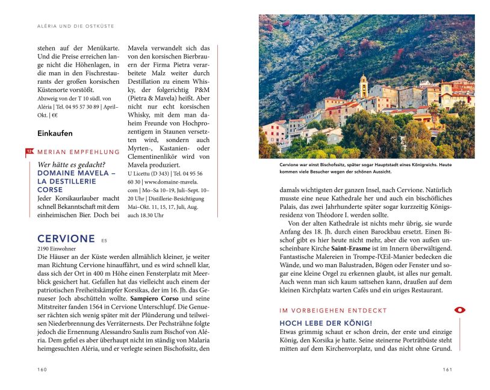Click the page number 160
click(42, 369)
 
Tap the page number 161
click(447, 369)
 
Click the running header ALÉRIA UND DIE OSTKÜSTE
click(76, 26)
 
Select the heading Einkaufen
click(55, 133)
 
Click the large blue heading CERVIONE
click(66, 238)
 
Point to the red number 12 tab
click(29, 151)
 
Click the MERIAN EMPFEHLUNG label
click(78, 152)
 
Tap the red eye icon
click(460, 310)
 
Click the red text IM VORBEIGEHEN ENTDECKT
click(333, 311)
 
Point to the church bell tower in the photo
click(363, 85)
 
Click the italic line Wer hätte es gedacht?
click(71, 164)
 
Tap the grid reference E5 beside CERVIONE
click(104, 240)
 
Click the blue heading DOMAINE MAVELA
click(76, 173)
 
